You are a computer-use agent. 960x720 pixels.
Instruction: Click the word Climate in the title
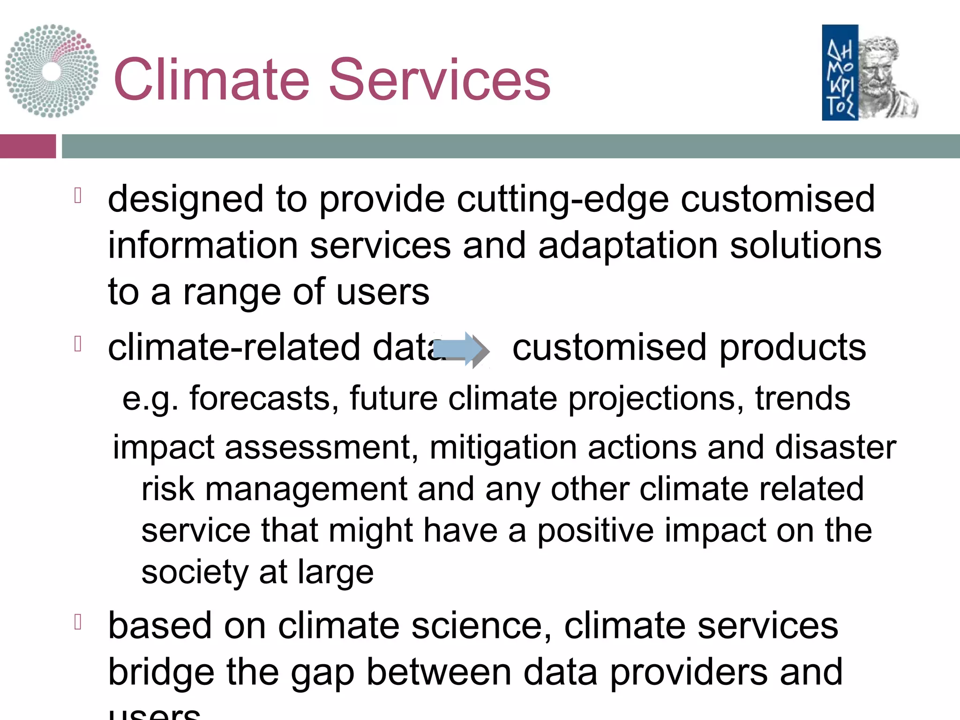click(211, 80)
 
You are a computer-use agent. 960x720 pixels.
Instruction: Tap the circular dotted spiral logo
click(52, 71)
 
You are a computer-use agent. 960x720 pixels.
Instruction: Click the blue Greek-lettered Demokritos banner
click(840, 73)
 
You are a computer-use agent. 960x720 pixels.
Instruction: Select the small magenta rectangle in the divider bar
click(28, 146)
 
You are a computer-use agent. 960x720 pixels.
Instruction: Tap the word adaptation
click(628, 246)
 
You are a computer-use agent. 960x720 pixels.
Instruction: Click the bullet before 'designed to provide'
click(78, 196)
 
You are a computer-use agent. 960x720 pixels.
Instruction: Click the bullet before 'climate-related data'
click(78, 344)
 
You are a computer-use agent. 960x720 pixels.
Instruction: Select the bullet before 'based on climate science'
click(78, 622)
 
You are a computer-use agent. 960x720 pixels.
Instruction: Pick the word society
click(195, 573)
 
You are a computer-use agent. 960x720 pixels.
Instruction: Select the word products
click(792, 348)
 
